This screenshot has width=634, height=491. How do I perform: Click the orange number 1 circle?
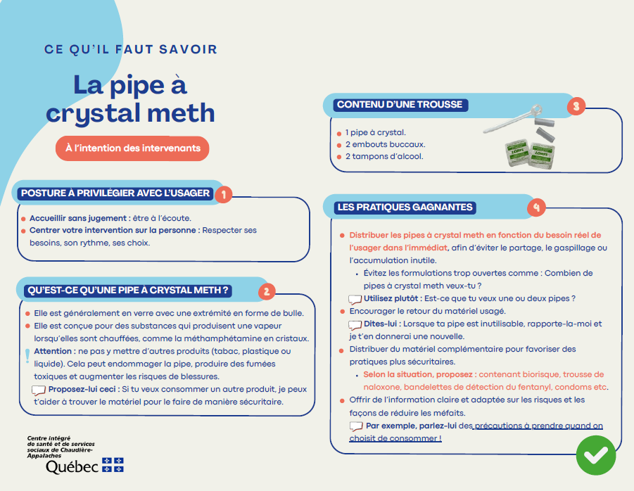click(x=223, y=194)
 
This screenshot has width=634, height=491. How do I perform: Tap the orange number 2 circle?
click(x=267, y=291)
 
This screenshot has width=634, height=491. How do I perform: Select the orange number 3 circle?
click(x=576, y=106)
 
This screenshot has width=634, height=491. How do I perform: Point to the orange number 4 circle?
click(x=536, y=208)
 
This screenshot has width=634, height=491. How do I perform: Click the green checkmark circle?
click(x=595, y=455)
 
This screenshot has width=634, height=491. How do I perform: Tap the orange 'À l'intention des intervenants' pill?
click(x=132, y=148)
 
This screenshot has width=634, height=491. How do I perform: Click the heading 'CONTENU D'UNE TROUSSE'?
click(x=400, y=105)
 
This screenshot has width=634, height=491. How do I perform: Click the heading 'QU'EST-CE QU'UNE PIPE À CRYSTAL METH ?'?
click(x=128, y=290)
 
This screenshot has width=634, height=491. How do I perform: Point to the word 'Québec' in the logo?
click(x=71, y=466)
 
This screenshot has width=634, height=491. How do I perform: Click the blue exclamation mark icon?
click(x=27, y=355)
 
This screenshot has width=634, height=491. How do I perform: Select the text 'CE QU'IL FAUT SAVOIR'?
click(x=130, y=50)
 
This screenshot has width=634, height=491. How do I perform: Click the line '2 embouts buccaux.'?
click(x=385, y=144)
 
